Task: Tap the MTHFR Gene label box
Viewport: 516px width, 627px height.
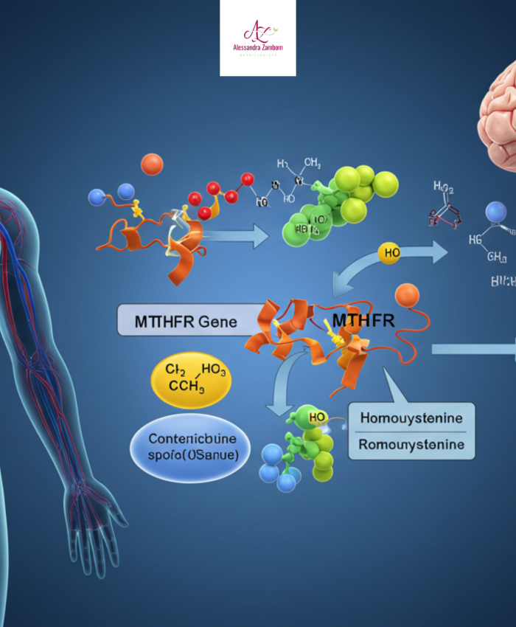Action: pos(177,320)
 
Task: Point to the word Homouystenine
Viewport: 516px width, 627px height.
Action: pos(411,418)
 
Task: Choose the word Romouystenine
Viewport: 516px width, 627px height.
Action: pos(411,445)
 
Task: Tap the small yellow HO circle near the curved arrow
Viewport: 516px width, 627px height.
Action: pos(389,252)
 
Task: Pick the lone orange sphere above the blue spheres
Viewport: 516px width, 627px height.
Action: pos(152,164)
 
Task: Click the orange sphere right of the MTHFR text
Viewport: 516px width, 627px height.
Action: pos(406,295)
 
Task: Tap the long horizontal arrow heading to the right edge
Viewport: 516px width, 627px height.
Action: pos(472,348)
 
